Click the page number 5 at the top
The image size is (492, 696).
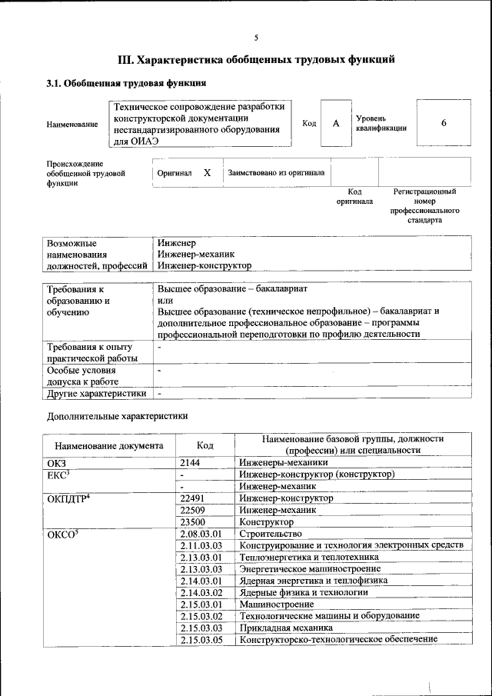256,38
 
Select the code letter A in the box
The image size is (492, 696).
335,124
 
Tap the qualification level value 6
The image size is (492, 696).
444,124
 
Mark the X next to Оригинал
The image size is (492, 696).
207,173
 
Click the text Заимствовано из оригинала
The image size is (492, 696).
276,173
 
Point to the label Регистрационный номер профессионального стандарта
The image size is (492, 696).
424,205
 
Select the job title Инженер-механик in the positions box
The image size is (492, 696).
196,253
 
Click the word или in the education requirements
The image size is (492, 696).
165,301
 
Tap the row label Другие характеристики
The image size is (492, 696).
96,393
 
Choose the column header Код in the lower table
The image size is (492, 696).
204,445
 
